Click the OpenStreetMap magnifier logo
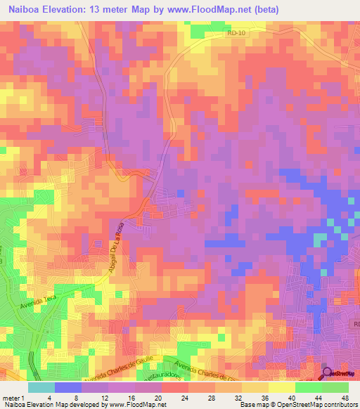tap(328, 375)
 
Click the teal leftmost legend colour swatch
tap(40, 387)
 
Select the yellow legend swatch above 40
tap(281, 387)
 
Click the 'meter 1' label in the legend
tap(13, 397)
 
